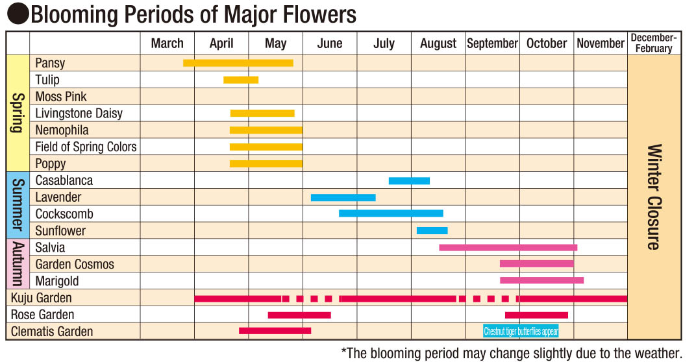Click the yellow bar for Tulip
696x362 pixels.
(241, 80)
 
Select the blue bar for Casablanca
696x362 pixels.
(409, 180)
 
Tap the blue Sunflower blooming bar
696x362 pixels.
(432, 230)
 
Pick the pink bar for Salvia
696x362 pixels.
(508, 247)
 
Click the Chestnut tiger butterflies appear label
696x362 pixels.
(521, 332)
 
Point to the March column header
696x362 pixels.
(167, 43)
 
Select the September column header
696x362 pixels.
(492, 43)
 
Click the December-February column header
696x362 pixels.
(654, 43)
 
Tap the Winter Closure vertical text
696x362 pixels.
(654, 197)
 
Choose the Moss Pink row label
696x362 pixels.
(61, 97)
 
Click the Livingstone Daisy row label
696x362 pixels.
(79, 114)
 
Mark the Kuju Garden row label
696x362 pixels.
(42, 298)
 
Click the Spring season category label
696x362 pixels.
(18, 113)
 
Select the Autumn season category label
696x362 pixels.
(18, 264)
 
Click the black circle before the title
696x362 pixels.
(18, 14)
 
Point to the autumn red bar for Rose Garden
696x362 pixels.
(536, 315)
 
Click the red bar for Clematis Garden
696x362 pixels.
(275, 331)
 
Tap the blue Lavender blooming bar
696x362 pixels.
(343, 197)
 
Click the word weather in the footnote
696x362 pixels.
(656, 353)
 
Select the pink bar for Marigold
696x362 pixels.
(541, 280)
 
